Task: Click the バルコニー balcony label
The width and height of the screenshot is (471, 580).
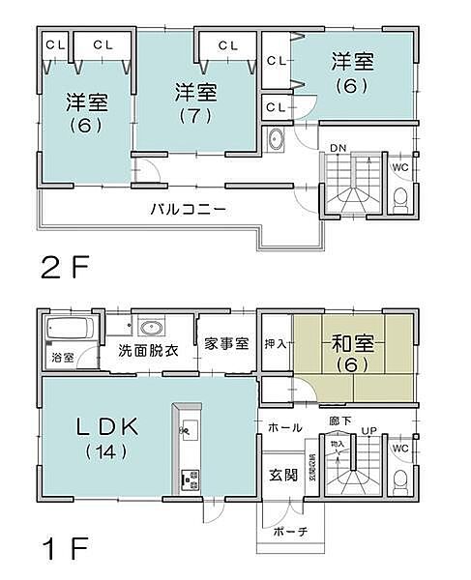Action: pos(188,209)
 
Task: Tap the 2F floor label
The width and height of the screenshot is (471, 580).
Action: pos(64,266)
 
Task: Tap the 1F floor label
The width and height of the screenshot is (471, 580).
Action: pos(64,551)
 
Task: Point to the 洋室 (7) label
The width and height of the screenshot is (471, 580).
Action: pos(195,101)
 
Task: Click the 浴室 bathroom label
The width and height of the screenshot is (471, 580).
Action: pos(61,359)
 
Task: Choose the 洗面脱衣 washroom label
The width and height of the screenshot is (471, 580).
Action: pos(148,350)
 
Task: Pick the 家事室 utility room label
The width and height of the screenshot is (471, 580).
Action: pos(227,344)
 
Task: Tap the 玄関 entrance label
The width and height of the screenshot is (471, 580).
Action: pos(282,474)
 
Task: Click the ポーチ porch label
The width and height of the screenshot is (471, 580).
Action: pos(284,533)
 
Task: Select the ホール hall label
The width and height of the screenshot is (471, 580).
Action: pos(284,427)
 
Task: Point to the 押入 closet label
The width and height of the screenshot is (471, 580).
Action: pos(276,342)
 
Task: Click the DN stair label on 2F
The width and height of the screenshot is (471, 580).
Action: pos(337,147)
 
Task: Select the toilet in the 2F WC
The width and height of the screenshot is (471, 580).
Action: pos(399,199)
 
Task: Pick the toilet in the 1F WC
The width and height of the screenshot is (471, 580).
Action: pos(399,481)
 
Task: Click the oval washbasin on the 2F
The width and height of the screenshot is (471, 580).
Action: pos(275,140)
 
